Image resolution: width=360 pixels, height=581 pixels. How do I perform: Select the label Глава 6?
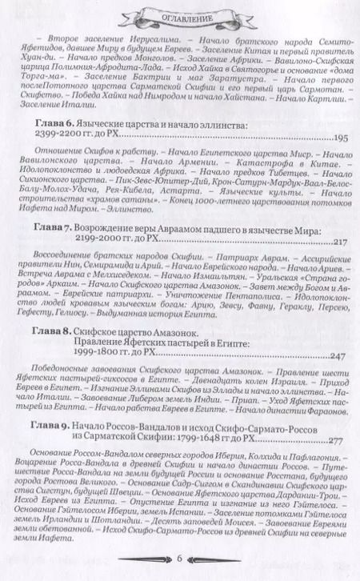point(54,126)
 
